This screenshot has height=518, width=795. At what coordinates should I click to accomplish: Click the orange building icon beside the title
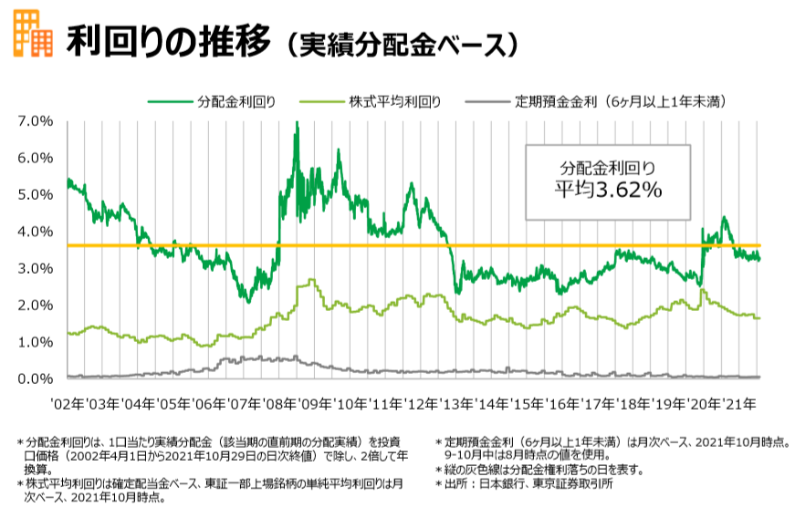tap(31, 33)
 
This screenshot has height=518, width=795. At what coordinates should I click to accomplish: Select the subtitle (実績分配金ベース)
tap(403, 43)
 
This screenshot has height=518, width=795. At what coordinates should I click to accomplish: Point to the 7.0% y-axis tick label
tap(35, 121)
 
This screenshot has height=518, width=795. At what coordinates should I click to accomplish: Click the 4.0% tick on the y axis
tap(35, 232)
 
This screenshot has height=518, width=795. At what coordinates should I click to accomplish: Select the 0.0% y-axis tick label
tap(35, 378)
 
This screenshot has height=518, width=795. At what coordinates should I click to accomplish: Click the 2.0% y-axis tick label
tap(35, 305)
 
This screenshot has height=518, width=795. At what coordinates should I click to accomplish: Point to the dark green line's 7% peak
tap(297, 123)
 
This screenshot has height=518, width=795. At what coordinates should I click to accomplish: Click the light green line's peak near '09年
tap(311, 281)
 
